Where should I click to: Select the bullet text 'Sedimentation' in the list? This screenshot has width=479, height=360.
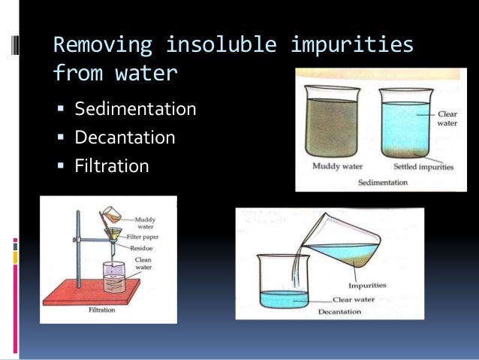tap(135, 110)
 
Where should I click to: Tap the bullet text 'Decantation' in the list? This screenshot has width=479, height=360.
tap(125, 138)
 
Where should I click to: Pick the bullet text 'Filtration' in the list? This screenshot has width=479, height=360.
tap(111, 165)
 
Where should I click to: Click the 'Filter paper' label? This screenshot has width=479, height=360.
tap(151, 235)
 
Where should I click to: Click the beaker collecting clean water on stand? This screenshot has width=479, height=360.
tap(113, 277)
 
